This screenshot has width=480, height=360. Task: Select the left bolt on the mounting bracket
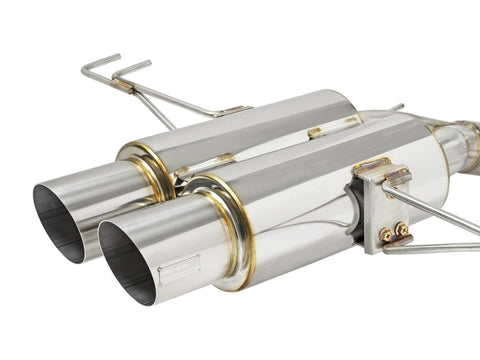385,234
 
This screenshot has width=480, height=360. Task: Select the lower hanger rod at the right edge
440,247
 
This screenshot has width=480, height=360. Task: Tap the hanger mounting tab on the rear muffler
230,111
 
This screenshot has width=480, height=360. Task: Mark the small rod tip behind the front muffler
397,106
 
